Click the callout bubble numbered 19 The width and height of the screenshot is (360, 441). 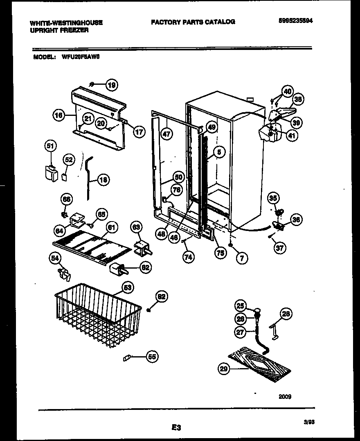tap(111, 85)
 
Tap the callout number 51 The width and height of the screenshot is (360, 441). tap(50, 146)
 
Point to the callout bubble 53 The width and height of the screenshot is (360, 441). tap(128, 288)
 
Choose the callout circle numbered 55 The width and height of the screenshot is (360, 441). tap(152, 357)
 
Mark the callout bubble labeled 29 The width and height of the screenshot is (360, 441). tap(223, 369)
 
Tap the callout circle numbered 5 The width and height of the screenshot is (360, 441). tap(219, 152)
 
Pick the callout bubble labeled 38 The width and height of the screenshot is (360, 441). tap(298, 99)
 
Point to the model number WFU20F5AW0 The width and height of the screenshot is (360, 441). tap(80, 57)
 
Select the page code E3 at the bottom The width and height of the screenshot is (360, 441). tap(176, 428)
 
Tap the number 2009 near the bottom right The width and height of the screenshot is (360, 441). tap(285, 396)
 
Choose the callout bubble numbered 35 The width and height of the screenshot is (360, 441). tap(273, 199)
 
